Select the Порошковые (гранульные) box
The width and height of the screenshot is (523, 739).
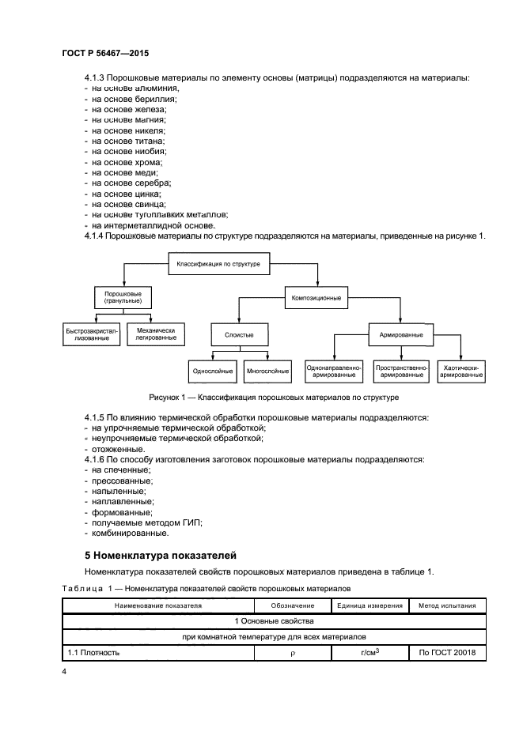click(123, 298)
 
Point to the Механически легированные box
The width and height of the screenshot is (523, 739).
click(155, 334)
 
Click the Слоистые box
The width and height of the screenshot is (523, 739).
click(239, 334)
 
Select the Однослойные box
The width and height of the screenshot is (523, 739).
click(212, 370)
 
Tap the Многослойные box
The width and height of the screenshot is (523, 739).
click(266, 370)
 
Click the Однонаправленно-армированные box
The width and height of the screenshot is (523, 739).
click(333, 370)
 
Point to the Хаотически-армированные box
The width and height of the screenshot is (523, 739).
click(461, 370)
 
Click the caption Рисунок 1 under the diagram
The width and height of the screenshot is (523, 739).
click(273, 398)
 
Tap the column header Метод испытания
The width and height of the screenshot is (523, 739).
click(447, 606)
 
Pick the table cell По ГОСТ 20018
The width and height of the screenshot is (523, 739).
click(447, 653)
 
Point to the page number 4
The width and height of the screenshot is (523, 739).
click(65, 672)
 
